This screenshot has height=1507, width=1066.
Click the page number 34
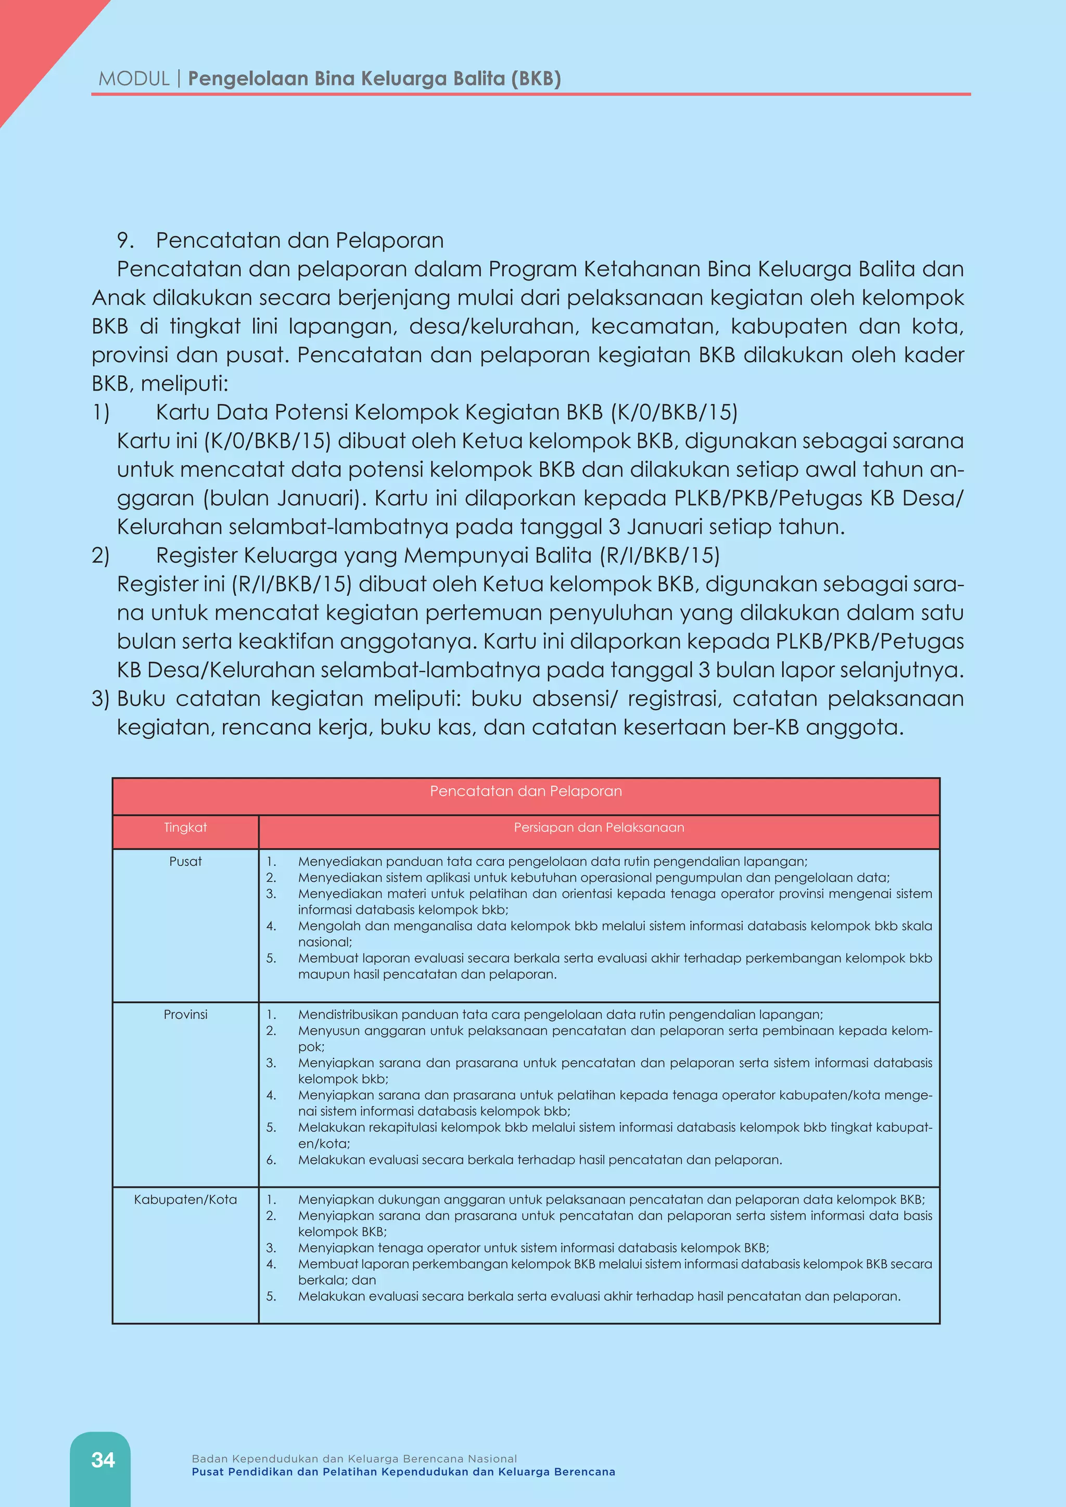pos(103,1459)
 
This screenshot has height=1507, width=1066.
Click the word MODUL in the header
pos(134,79)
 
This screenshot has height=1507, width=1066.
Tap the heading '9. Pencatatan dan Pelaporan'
pos(280,240)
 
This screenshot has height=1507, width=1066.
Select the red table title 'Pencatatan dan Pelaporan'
pos(526,791)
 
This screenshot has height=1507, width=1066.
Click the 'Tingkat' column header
pos(185,828)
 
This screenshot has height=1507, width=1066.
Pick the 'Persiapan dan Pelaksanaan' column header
pos(599,828)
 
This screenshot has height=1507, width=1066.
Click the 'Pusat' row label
pos(185,862)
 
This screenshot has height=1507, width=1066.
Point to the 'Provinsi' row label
pos(185,1015)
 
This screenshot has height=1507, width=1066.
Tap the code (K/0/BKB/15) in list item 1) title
pos(674,412)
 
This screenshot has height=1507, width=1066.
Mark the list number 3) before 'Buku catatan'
pos(100,698)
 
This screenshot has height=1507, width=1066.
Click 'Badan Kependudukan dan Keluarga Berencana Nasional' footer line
pos(354,1459)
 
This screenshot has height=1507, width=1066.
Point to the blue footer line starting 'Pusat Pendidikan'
pos(403,1472)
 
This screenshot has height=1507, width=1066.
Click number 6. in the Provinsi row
pos(271,1160)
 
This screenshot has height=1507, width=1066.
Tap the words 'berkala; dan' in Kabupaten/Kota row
pos(337,1280)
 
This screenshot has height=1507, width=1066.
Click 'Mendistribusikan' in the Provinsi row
pos(347,1015)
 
